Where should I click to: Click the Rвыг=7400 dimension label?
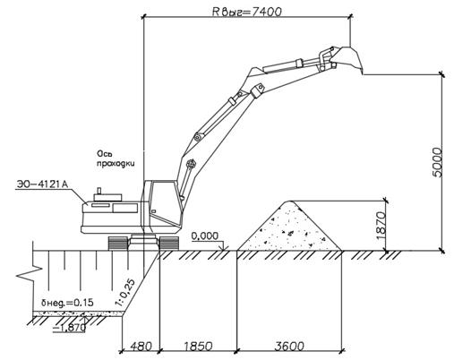tap(247, 12)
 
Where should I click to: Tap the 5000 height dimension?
tap(437, 162)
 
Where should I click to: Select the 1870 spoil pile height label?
tap(381, 226)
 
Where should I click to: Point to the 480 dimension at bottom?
tap(141, 347)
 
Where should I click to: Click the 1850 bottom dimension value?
tap(198, 347)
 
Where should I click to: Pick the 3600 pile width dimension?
tap(289, 347)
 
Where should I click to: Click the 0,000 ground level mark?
tap(205, 236)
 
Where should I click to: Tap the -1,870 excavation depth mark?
tap(70, 328)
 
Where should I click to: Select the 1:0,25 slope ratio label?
tap(125, 292)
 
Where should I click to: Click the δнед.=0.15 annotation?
tap(67, 303)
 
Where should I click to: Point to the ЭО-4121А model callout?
tap(42, 184)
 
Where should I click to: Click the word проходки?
tap(116, 164)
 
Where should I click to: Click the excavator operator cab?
tap(162, 203)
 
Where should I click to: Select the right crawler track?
tap(169, 243)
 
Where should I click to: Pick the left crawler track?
tap(118, 243)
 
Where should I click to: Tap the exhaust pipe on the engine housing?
tap(98, 191)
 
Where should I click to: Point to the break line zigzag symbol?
tap(30, 274)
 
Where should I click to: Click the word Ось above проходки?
tap(104, 154)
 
